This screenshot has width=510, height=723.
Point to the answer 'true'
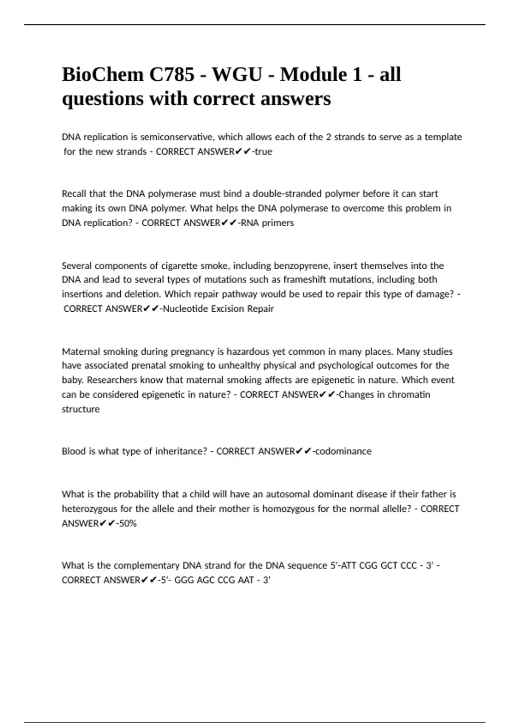pos(263,152)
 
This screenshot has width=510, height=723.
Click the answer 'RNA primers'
pos(267,223)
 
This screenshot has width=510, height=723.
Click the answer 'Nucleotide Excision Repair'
pos(218,309)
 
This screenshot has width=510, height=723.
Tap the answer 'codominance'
pos(343,451)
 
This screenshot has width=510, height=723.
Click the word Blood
pos(74,451)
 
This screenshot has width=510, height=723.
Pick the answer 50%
pos(128,524)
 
